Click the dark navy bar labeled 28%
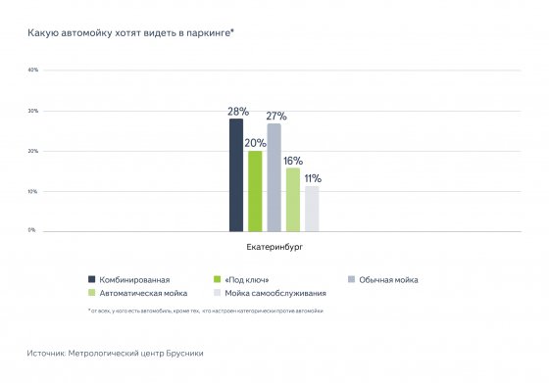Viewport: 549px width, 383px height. click(235, 175)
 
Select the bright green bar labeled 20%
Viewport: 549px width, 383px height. click(255, 191)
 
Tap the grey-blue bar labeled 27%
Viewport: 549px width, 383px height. click(274, 177)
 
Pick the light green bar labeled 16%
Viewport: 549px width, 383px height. click(292, 199)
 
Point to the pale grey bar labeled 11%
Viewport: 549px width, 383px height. click(312, 209)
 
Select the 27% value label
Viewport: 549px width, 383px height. click(276, 117)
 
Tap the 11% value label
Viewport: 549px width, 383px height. click(313, 178)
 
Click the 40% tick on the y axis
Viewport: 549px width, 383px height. click(32, 71)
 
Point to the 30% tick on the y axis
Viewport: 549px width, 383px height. click(32, 111)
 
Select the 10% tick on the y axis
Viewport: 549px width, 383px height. click(32, 191)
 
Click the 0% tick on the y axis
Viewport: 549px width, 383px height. click(32, 230)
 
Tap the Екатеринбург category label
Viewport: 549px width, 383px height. click(274, 248)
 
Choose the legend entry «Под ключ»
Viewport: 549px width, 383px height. click(241, 279)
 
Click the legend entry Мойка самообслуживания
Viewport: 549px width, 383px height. click(270, 292)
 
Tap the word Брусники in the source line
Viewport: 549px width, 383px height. click(183, 352)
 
